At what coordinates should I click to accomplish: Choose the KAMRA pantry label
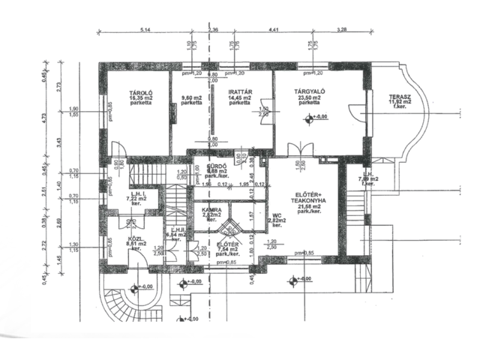pos(211,210)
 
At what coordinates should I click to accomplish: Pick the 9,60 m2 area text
pos(192,97)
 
